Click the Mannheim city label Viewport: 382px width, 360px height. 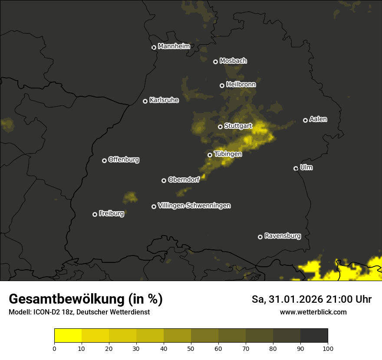(x=174, y=46)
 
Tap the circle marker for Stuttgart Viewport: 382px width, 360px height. (x=220, y=127)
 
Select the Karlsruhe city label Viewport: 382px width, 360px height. (x=164, y=100)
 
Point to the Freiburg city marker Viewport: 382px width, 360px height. (x=95, y=214)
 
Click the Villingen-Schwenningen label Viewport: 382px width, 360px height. (x=194, y=206)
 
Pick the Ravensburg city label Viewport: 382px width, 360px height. (x=283, y=236)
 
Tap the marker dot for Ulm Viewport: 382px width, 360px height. (x=296, y=168)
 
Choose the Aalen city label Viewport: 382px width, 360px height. (x=318, y=119)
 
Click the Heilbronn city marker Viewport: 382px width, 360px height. (x=222, y=85)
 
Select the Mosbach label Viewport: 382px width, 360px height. (x=233, y=61)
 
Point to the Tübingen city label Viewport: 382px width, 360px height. (x=228, y=154)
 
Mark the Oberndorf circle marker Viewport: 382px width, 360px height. (x=164, y=180)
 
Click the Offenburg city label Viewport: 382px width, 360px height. (x=124, y=160)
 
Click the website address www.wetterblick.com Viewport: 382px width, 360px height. (x=313, y=312)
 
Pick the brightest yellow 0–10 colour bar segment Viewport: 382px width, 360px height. (x=68, y=336)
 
